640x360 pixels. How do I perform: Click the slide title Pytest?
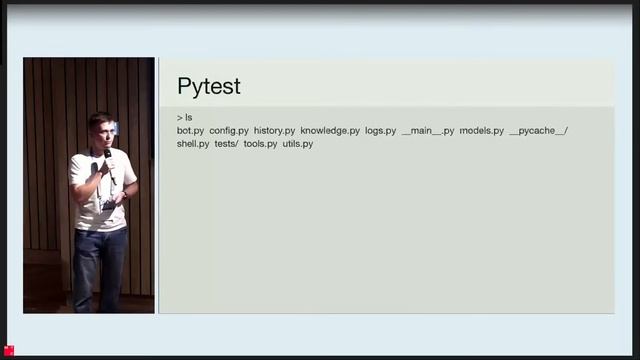click(x=208, y=86)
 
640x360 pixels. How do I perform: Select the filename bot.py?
click(x=190, y=131)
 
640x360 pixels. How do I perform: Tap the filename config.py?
click(x=229, y=131)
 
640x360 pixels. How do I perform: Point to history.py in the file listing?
click(x=274, y=131)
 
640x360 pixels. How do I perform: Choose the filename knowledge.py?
click(x=330, y=131)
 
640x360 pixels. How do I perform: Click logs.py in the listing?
click(x=380, y=131)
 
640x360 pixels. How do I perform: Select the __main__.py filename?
click(x=428, y=131)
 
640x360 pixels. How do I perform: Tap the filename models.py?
click(x=482, y=131)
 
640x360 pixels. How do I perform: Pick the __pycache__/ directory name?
click(x=539, y=131)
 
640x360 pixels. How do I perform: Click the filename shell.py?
click(x=193, y=144)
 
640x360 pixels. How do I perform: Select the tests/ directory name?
click(x=226, y=144)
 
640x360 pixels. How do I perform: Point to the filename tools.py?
click(x=260, y=144)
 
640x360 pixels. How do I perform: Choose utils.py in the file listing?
click(x=298, y=144)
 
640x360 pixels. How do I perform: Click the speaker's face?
click(x=100, y=129)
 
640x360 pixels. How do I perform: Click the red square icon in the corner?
click(x=9, y=350)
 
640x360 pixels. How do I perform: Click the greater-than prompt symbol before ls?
click(x=179, y=118)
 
